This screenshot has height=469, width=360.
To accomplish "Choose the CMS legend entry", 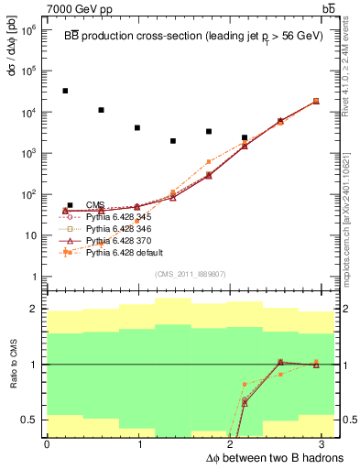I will [x=95, y=205].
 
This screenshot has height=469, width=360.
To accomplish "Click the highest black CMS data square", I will [x=65, y=91].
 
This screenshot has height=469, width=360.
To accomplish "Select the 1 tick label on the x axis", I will [x=139, y=444].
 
